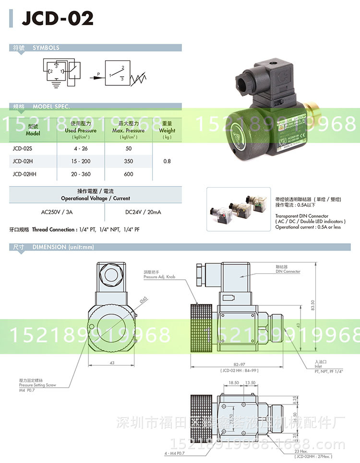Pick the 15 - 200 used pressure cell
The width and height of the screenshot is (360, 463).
80,161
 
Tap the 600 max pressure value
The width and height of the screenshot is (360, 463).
128,174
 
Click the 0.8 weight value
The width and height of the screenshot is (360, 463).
167,161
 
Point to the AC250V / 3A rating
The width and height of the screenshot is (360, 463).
58,211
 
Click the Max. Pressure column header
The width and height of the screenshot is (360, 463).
128,130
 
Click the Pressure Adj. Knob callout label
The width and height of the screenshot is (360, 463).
157,277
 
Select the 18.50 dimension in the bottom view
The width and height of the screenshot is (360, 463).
234,383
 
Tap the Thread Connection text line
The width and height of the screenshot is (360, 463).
75,230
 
